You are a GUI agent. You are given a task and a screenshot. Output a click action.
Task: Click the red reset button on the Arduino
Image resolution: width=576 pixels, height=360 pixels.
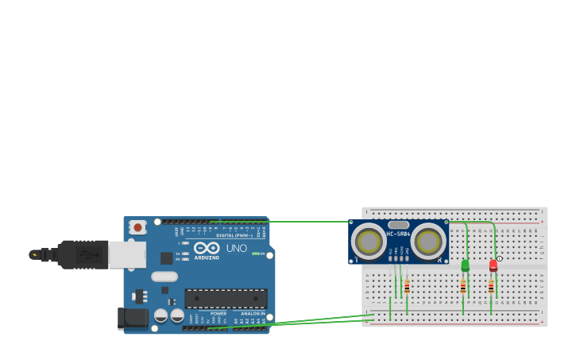[137, 227]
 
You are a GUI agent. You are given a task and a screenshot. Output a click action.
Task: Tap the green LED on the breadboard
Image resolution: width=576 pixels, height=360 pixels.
[466, 265]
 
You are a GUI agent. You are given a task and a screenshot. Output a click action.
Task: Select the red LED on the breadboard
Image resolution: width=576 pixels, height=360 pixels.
[493, 265]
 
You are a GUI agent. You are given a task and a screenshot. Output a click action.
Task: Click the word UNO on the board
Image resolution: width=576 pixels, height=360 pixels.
[237, 249]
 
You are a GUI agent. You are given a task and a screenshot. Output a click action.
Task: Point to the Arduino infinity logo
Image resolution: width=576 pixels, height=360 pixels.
[207, 249]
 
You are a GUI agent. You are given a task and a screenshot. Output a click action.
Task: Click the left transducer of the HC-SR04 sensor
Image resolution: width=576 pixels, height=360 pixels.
[369, 240]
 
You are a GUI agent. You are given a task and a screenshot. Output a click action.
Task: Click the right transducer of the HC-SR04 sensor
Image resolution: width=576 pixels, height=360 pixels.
[428, 240]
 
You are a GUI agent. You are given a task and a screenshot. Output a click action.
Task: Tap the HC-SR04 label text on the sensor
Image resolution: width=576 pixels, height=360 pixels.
[398, 234]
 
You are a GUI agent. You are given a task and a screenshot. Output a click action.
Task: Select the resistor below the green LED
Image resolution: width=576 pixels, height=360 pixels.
[463, 287]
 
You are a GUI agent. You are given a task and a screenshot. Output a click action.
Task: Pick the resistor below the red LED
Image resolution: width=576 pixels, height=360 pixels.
[491, 287]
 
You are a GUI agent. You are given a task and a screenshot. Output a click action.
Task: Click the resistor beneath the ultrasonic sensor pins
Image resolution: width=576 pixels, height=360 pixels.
[407, 287]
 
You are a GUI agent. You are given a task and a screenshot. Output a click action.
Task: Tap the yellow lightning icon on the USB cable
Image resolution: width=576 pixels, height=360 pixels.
[34, 255]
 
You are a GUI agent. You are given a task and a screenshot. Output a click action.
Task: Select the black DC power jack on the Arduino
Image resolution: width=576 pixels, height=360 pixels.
[133, 319]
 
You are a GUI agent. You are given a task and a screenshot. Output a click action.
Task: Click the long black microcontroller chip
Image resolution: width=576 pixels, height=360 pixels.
[226, 299]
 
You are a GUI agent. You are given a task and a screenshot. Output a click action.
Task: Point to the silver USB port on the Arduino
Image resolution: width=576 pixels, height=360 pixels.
[127, 254]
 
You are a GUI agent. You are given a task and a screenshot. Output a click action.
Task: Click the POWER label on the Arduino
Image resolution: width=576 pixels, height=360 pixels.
[218, 314]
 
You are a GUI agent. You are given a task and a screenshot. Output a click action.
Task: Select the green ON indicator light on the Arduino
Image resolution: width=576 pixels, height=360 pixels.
[254, 254]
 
